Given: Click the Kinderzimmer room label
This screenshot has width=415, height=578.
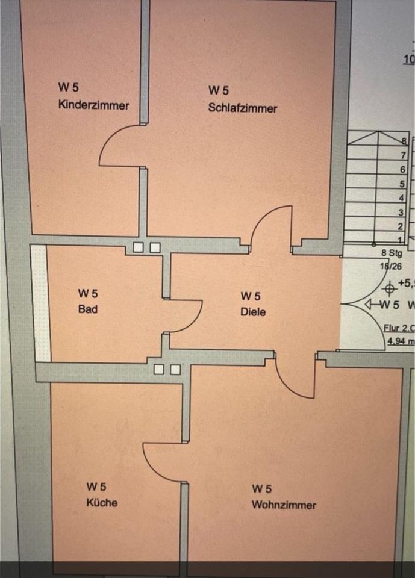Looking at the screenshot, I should [x=93, y=105].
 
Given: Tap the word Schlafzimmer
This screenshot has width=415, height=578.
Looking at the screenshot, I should [x=242, y=108].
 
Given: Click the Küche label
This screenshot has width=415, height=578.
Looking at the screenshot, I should [x=102, y=502].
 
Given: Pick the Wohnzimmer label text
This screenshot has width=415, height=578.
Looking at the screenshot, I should [x=284, y=505].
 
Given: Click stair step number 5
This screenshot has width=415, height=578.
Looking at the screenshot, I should [x=401, y=184].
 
